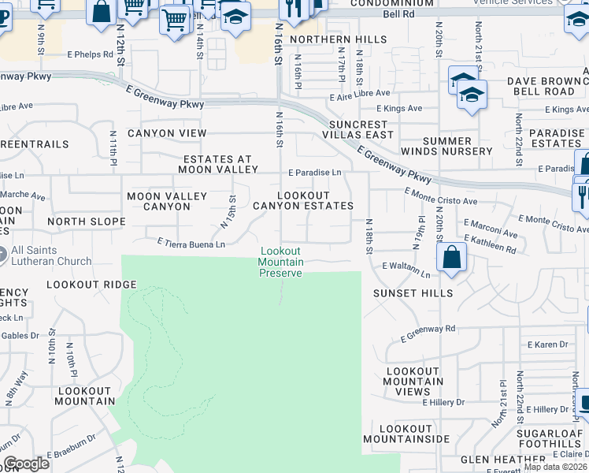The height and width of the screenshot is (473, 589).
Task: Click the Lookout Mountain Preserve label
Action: click(281, 263)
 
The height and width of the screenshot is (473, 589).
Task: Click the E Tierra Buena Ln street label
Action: click(191, 244)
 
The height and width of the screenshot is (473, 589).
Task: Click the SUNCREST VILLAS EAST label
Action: click(361, 129)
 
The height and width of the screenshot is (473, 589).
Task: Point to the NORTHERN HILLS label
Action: click(338, 39)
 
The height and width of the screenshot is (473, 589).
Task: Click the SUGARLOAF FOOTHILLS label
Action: click(549, 438)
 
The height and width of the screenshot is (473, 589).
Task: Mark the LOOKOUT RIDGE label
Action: click(91, 284)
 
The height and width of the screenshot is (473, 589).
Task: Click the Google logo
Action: click(26, 463)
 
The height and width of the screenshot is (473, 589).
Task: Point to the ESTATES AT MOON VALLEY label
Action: click(218, 163)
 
